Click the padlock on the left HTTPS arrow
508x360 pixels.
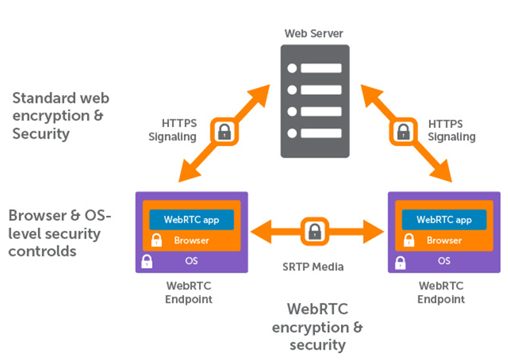pos(223,131)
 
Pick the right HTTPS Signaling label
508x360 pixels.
pos(452,131)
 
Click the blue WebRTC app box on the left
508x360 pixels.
pos(191,220)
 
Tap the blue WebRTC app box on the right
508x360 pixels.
pos(444,220)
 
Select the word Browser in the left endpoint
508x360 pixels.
pos(191,240)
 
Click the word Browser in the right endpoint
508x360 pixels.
pos(444,240)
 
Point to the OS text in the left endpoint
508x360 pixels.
pos(191,261)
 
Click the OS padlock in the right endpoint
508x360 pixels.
pos(400,261)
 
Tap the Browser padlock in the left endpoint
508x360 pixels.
pos(157,240)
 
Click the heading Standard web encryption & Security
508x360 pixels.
pos(60,116)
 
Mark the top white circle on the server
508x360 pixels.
pos(292,68)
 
